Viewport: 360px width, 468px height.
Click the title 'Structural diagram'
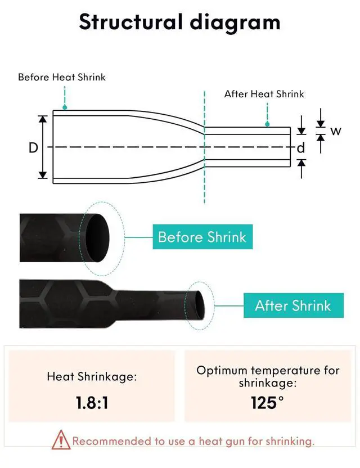[x=179, y=22]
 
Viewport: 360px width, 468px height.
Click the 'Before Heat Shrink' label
[x=62, y=77]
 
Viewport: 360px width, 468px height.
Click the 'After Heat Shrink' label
[x=264, y=94]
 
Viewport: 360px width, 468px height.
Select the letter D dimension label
[x=34, y=148]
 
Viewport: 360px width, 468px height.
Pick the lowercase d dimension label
[x=301, y=148]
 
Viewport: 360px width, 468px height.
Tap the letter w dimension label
[x=335, y=132]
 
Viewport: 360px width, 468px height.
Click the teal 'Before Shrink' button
[x=202, y=236]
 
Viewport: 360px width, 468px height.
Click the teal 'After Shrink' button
[x=293, y=306]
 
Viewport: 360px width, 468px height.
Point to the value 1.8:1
[x=92, y=403]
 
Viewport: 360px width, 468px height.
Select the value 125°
[x=268, y=403]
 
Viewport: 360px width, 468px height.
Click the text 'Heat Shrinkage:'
[x=92, y=377]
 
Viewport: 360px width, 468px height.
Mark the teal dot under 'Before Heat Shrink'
[x=65, y=107]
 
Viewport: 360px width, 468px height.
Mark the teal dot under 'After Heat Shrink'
[x=267, y=124]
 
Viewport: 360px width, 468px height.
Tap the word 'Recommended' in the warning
[x=109, y=441]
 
